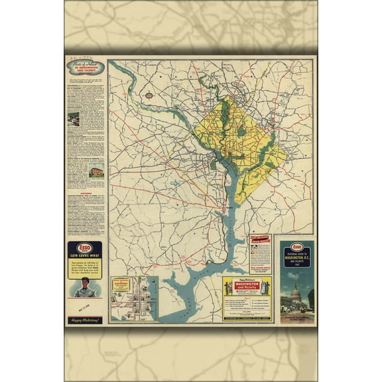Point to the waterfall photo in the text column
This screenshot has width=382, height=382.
pos(74,119)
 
